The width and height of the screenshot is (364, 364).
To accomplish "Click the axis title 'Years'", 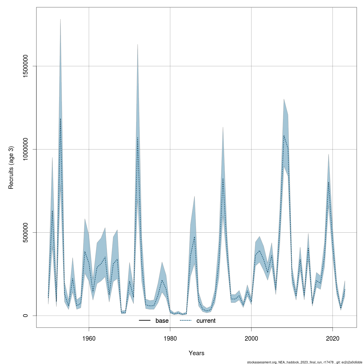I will pyautogui.click(x=197, y=353).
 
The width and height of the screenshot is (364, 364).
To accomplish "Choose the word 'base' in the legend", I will pyautogui.click(x=162, y=321).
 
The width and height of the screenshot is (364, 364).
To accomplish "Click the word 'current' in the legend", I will pyautogui.click(x=206, y=321).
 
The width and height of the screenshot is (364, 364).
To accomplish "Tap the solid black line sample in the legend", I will pyautogui.click(x=145, y=321).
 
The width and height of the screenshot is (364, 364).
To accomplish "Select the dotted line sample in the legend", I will pyautogui.click(x=186, y=321).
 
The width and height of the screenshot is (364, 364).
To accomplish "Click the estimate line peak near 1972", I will pyautogui.click(x=138, y=137).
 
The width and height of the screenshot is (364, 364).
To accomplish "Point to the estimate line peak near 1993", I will pyautogui.click(x=223, y=179).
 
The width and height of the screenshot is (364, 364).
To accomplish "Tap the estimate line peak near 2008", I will pyautogui.click(x=284, y=136).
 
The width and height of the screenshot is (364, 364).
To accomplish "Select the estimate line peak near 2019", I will pyautogui.click(x=329, y=182).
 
